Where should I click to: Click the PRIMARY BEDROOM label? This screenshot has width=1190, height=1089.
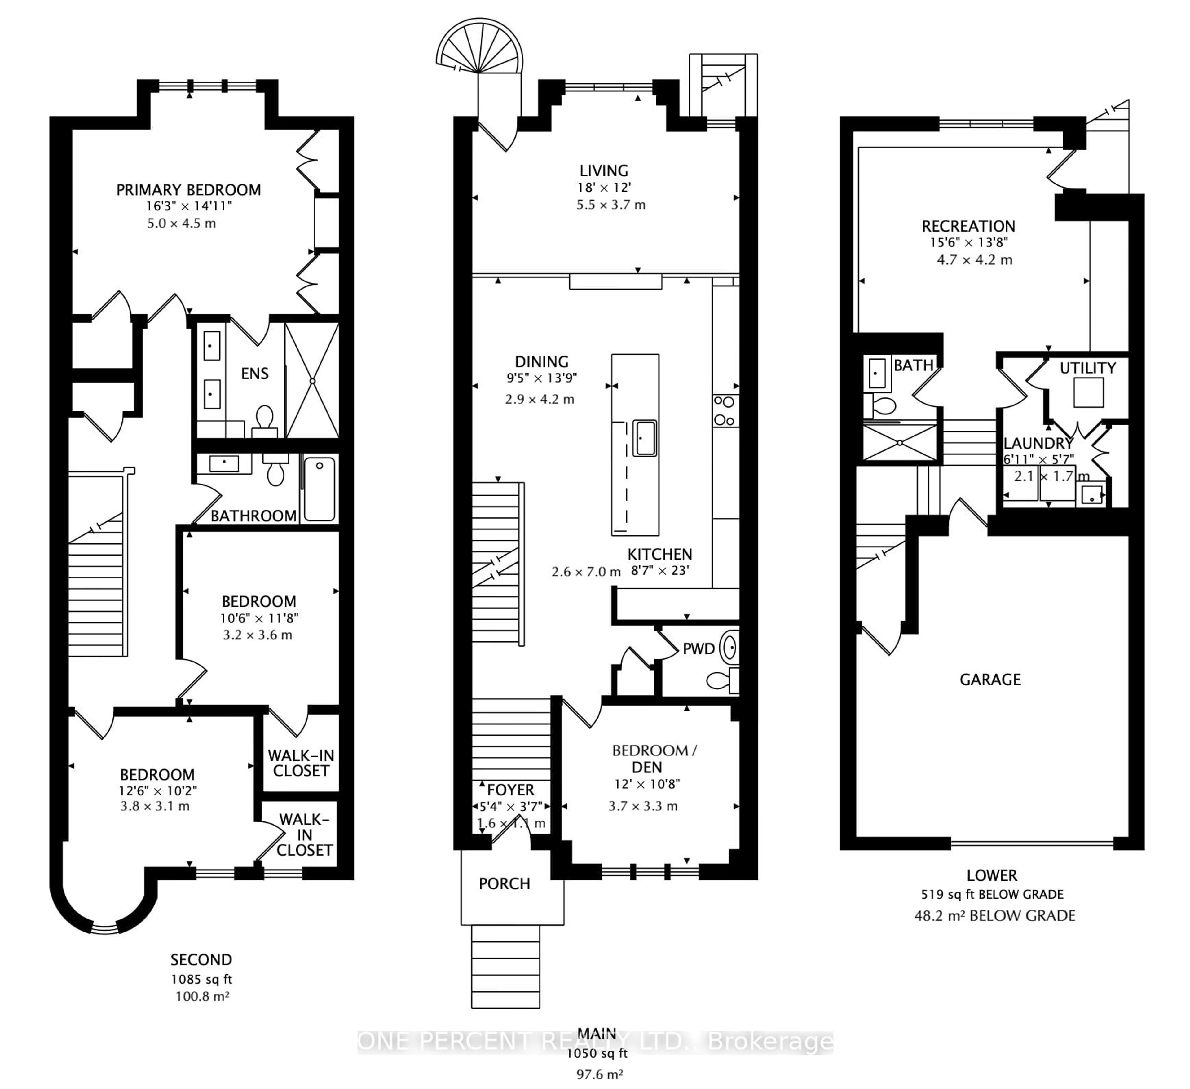pos(188,190)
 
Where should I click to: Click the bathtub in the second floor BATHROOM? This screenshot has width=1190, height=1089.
pos(319,489)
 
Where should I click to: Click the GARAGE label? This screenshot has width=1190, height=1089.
pos(990,680)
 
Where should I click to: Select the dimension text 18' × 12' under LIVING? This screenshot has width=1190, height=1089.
pos(604,188)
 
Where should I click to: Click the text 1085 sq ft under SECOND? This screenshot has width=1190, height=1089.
pos(201,979)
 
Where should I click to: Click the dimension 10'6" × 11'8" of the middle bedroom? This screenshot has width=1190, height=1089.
pos(259,618)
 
